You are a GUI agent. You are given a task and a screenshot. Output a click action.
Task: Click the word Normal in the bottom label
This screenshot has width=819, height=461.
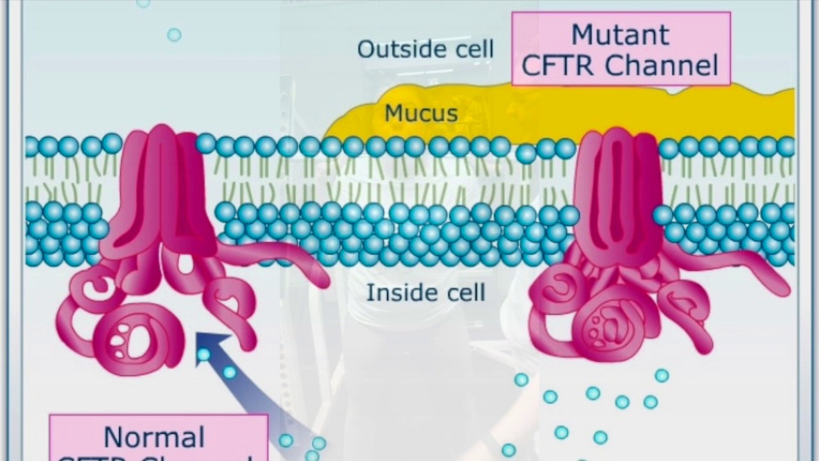point(154,437)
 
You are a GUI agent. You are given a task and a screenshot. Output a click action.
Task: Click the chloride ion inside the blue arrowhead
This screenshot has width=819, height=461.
point(203,354)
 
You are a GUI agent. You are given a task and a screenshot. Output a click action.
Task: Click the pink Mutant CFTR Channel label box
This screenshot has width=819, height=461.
point(621,48)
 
